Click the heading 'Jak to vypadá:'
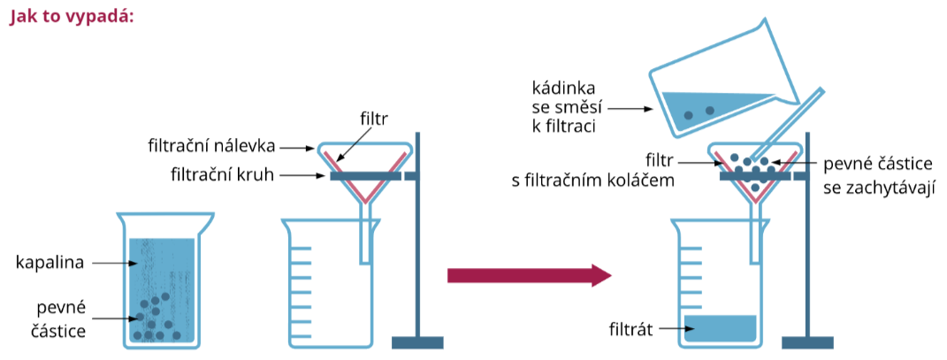(x=72, y=16)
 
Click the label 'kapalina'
(x=50, y=263)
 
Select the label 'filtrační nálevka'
(x=225, y=145)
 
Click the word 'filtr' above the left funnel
(x=374, y=117)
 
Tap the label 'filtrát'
(x=630, y=331)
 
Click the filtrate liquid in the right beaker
(x=721, y=327)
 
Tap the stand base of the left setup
(x=416, y=342)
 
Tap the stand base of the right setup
(x=807, y=342)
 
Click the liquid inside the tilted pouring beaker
(x=707, y=108)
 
